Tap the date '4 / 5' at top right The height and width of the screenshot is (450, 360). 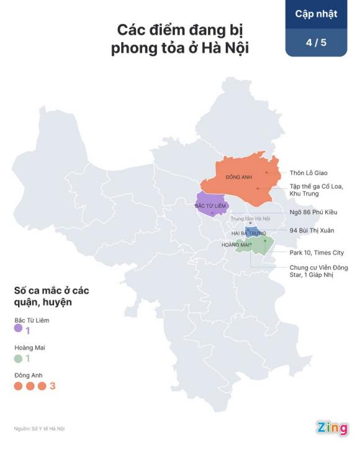click(316, 43)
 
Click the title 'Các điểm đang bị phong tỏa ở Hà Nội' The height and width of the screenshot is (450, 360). click(180, 39)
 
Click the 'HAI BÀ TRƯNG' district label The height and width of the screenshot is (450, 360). click(248, 233)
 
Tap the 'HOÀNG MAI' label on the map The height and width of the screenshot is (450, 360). click(236, 245)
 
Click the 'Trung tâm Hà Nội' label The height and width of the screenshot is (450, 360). click(250, 218)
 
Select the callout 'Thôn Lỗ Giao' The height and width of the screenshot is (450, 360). click(308, 173)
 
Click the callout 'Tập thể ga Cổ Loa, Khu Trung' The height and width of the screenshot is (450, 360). click(317, 190)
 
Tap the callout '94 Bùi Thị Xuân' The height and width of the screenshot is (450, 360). click(312, 230)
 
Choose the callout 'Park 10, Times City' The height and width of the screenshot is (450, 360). click(317, 253)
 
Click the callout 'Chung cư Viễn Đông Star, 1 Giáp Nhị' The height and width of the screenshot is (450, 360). click(318, 271)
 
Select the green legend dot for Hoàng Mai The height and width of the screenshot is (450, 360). click(18, 358)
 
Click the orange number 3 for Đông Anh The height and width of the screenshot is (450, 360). click(53, 386)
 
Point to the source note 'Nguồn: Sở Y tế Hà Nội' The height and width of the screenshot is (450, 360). click(40, 428)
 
